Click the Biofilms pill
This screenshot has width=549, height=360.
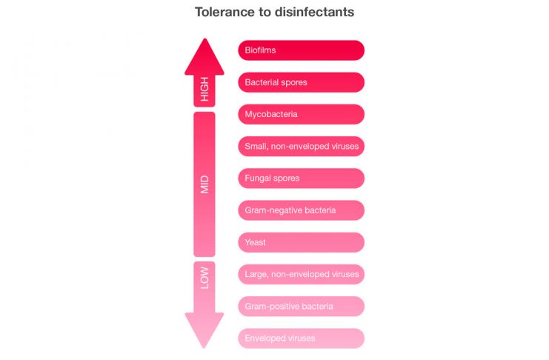click(x=301, y=50)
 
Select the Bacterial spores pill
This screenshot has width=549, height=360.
click(x=301, y=82)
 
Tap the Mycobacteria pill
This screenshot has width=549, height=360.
click(x=301, y=114)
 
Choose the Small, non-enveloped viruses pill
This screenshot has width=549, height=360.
click(x=301, y=147)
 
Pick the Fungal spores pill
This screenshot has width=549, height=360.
click(x=301, y=179)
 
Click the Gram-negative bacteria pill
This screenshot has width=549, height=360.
click(x=301, y=210)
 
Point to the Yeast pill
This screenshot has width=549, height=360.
click(x=301, y=242)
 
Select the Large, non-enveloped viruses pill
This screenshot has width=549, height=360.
click(x=301, y=274)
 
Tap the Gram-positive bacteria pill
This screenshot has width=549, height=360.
click(x=301, y=306)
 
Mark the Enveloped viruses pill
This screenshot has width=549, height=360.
click(x=301, y=339)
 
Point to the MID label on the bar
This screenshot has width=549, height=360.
click(x=204, y=184)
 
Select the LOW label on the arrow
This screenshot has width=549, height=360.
click(x=204, y=278)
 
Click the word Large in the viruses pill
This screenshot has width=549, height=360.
click(x=256, y=274)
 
